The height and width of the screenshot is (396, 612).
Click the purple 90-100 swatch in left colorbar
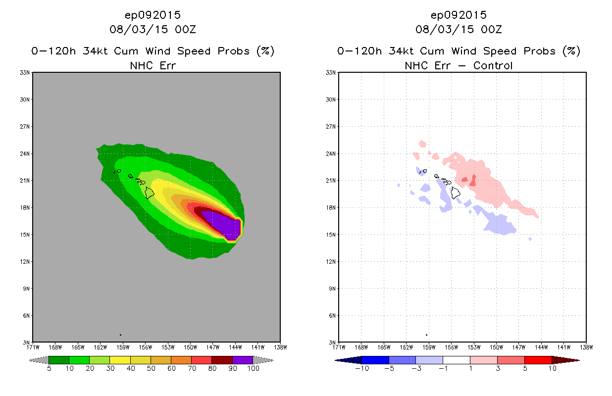243,360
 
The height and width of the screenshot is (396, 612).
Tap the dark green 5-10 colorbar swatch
59,360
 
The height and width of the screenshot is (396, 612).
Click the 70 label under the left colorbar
192,368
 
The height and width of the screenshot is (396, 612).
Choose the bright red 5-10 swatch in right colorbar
538,360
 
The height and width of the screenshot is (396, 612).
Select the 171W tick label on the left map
33,346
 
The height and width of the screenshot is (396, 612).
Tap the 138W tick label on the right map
586,346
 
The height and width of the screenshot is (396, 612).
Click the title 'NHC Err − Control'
459,65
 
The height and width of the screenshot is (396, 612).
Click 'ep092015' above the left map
153,15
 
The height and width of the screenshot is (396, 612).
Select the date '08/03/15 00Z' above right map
459,29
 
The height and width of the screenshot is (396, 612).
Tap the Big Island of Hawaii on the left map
150,193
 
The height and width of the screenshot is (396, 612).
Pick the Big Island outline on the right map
456,193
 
